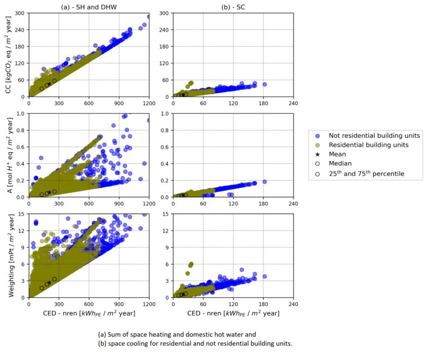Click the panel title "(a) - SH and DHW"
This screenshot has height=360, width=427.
coord(88,7)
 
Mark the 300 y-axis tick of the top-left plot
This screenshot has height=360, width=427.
coord(20,13)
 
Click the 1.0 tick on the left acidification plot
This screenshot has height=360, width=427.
coord(21,114)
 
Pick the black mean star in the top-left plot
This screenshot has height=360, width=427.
coord(49,84)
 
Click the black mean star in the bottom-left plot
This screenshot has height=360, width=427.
coord(49,282)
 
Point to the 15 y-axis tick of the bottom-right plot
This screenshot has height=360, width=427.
coord(165,214)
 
